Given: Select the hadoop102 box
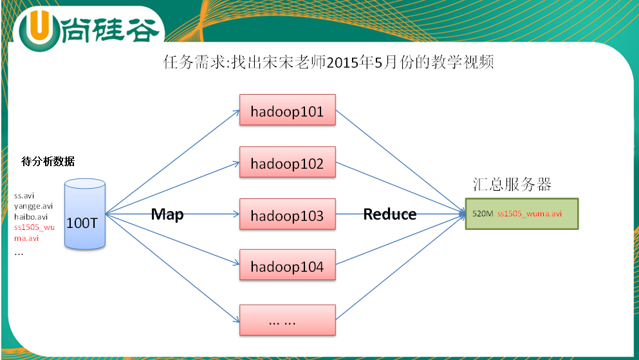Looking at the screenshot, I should (x=287, y=164).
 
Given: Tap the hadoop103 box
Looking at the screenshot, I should (x=287, y=215).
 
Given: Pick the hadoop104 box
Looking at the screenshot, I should (x=287, y=266).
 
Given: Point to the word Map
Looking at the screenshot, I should (x=167, y=214).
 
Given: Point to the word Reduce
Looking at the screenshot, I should (x=390, y=214).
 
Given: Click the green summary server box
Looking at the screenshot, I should (x=522, y=213).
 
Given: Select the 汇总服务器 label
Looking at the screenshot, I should (x=512, y=184).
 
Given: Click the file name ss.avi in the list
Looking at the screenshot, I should (x=24, y=194).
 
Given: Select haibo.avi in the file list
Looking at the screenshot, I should (x=30, y=217).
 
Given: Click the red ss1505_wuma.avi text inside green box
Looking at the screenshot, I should (x=530, y=213).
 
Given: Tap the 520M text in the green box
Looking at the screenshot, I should (x=483, y=213).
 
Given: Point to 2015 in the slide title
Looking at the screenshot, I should (x=343, y=64).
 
